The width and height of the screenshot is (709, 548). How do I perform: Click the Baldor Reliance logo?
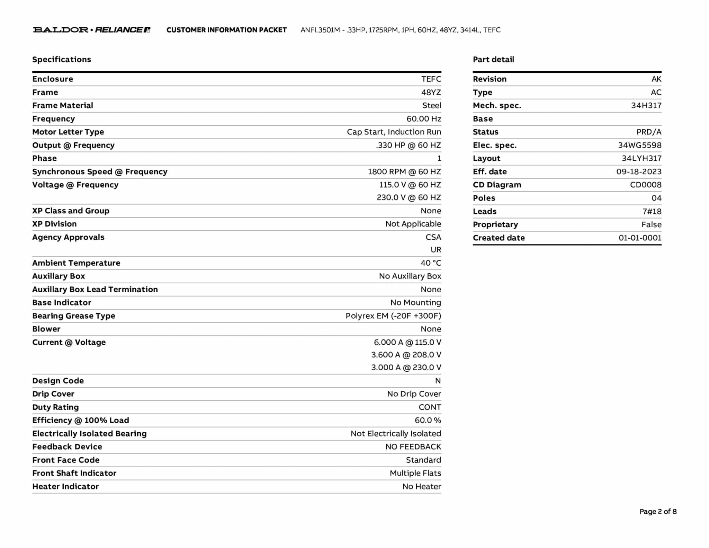click(x=92, y=30)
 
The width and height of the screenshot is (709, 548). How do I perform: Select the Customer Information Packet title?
click(x=226, y=30)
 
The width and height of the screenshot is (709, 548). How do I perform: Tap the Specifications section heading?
click(x=62, y=60)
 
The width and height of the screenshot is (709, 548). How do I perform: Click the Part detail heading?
click(x=493, y=60)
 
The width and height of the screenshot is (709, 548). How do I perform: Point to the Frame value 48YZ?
click(x=431, y=92)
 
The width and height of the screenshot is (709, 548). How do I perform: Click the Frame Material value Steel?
click(x=431, y=106)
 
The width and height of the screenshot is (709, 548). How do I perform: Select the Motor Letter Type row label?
click(x=68, y=132)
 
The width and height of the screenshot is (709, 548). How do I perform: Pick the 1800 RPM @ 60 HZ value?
click(x=404, y=172)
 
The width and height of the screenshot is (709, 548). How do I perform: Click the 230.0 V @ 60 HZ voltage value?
click(x=409, y=197)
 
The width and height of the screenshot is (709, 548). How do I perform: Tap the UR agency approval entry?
click(x=436, y=250)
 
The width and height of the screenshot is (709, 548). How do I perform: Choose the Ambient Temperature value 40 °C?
click(x=431, y=263)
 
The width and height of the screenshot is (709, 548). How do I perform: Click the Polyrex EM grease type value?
click(x=393, y=316)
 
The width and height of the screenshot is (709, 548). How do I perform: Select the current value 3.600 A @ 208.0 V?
click(x=406, y=355)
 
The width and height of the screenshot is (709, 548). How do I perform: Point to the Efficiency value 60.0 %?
click(x=428, y=420)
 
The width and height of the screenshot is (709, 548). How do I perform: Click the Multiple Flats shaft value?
click(x=415, y=473)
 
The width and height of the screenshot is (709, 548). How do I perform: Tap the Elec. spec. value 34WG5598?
click(x=639, y=145)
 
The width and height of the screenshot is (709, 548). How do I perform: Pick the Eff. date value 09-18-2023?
click(x=638, y=172)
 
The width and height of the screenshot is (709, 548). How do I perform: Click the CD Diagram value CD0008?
click(x=645, y=185)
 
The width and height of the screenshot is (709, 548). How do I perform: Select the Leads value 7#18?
click(x=652, y=211)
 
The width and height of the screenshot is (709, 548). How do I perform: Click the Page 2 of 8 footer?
click(x=658, y=512)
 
